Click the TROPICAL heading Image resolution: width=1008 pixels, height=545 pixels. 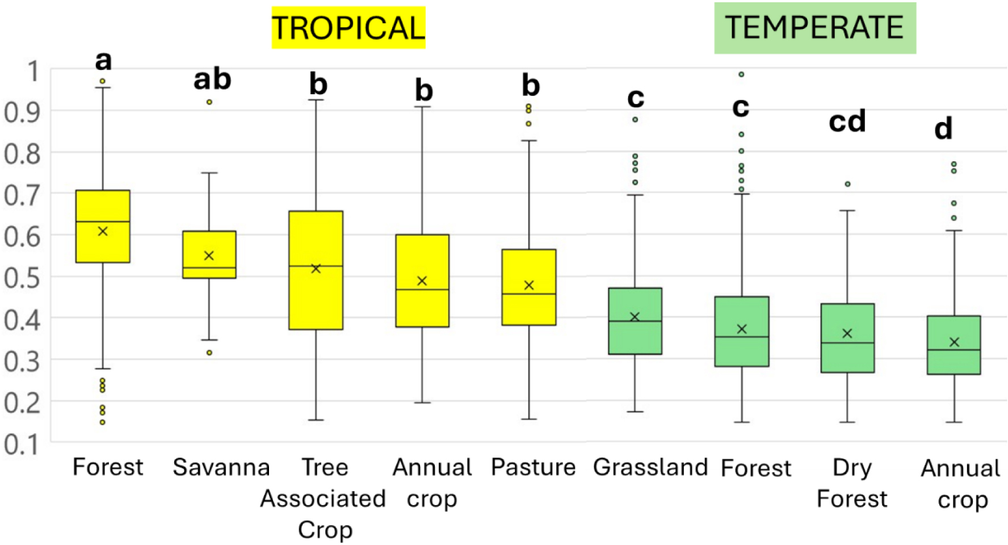tap(348, 27)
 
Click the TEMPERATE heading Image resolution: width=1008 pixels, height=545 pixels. tap(814, 27)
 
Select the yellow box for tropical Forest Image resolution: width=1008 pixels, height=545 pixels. tap(103, 226)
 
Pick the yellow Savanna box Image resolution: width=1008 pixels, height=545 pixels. tap(209, 254)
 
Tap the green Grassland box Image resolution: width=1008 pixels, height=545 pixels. tap(635, 321)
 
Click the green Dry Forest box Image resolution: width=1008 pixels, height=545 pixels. tap(847, 338)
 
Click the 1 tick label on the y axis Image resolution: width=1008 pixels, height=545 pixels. tap(33, 72)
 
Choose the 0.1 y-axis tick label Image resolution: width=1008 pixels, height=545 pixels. tap(23, 444)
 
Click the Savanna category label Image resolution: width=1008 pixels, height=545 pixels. tap(221, 467)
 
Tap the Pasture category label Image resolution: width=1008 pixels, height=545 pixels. tap(533, 467)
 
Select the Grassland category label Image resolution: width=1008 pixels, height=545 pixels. tap(650, 467)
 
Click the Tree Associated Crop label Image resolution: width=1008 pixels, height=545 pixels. tap(324, 498)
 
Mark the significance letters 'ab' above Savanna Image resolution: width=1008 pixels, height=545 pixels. tap(212, 79)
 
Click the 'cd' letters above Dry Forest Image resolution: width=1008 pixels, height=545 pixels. tap(847, 121)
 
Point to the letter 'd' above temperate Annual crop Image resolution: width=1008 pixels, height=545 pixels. tap(943, 129)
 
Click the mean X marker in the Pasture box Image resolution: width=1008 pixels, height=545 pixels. tap(529, 285)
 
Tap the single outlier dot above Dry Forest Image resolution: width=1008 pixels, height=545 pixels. tap(847, 184)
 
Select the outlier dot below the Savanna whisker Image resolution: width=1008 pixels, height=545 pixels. tap(209, 353)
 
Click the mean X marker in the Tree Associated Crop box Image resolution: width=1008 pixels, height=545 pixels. tap(316, 269)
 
